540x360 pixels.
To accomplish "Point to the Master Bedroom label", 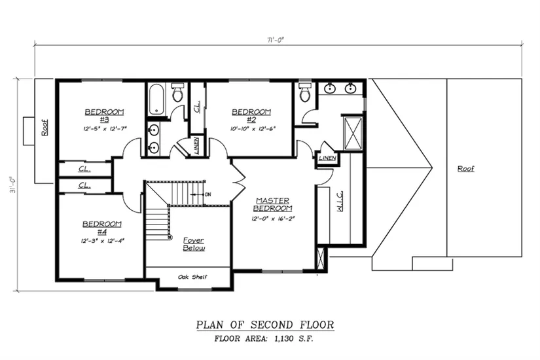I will coord(274,204).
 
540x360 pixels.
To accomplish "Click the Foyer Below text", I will coord(194,244).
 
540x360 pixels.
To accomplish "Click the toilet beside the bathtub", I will coord(177,94).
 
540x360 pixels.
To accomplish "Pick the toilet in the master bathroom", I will coord(304,93).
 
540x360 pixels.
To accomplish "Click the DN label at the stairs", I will coord(207,194).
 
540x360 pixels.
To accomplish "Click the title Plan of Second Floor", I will coord(265,324).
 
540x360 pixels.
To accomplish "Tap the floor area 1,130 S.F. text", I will coord(265,339).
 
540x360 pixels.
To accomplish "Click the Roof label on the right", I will coord(465,169).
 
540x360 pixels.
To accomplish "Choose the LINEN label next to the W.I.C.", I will coord(327,158).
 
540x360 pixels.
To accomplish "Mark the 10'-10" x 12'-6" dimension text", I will coord(251,128).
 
